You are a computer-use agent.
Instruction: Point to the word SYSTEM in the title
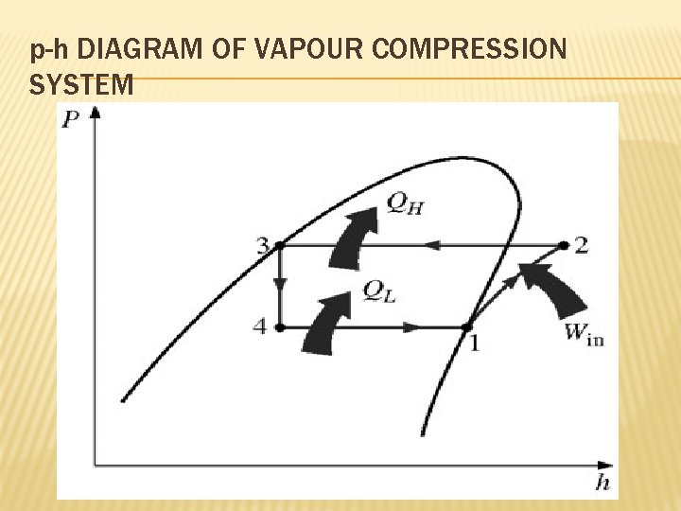point(81,85)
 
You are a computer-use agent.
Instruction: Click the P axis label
point(71,120)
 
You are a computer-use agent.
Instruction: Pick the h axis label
point(602,484)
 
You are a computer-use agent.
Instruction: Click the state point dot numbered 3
point(280,246)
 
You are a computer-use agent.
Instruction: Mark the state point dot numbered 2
point(563,245)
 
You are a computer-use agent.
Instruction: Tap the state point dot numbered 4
point(280,327)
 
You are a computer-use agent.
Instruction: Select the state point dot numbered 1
point(466,327)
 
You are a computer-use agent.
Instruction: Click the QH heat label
point(405,203)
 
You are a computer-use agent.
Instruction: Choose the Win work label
point(583,333)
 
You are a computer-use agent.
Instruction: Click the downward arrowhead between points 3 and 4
point(280,285)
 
